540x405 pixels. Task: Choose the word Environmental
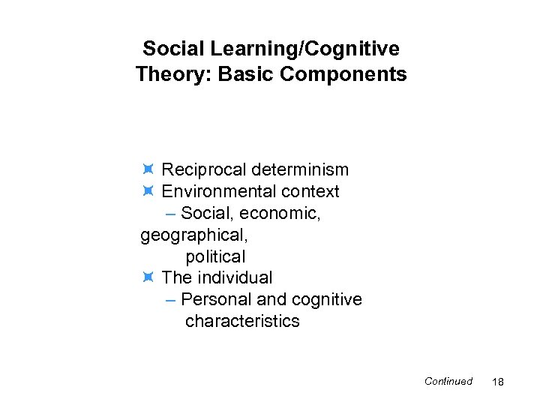(x=214, y=192)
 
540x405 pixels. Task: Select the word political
(x=215, y=256)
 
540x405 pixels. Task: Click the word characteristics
(x=242, y=322)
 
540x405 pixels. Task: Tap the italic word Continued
(x=448, y=381)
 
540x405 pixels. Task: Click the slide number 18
(x=498, y=382)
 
